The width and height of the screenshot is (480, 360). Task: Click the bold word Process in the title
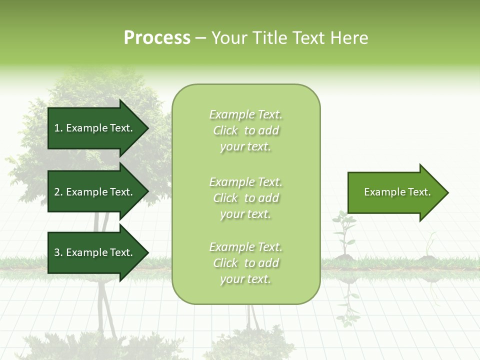coord(157,38)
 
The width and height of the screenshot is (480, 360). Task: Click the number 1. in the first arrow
coord(58,128)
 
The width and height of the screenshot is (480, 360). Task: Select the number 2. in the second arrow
coord(58,192)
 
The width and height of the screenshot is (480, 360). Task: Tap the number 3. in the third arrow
coord(58,252)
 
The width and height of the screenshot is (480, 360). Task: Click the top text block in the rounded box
coord(246,130)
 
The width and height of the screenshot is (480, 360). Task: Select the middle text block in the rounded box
coord(246,198)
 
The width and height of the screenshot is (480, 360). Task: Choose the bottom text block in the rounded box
coord(246,263)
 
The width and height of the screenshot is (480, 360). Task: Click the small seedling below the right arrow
coord(343,232)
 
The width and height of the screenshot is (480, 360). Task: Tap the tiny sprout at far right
coord(429,247)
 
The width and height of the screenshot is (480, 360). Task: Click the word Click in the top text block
coord(225,130)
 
